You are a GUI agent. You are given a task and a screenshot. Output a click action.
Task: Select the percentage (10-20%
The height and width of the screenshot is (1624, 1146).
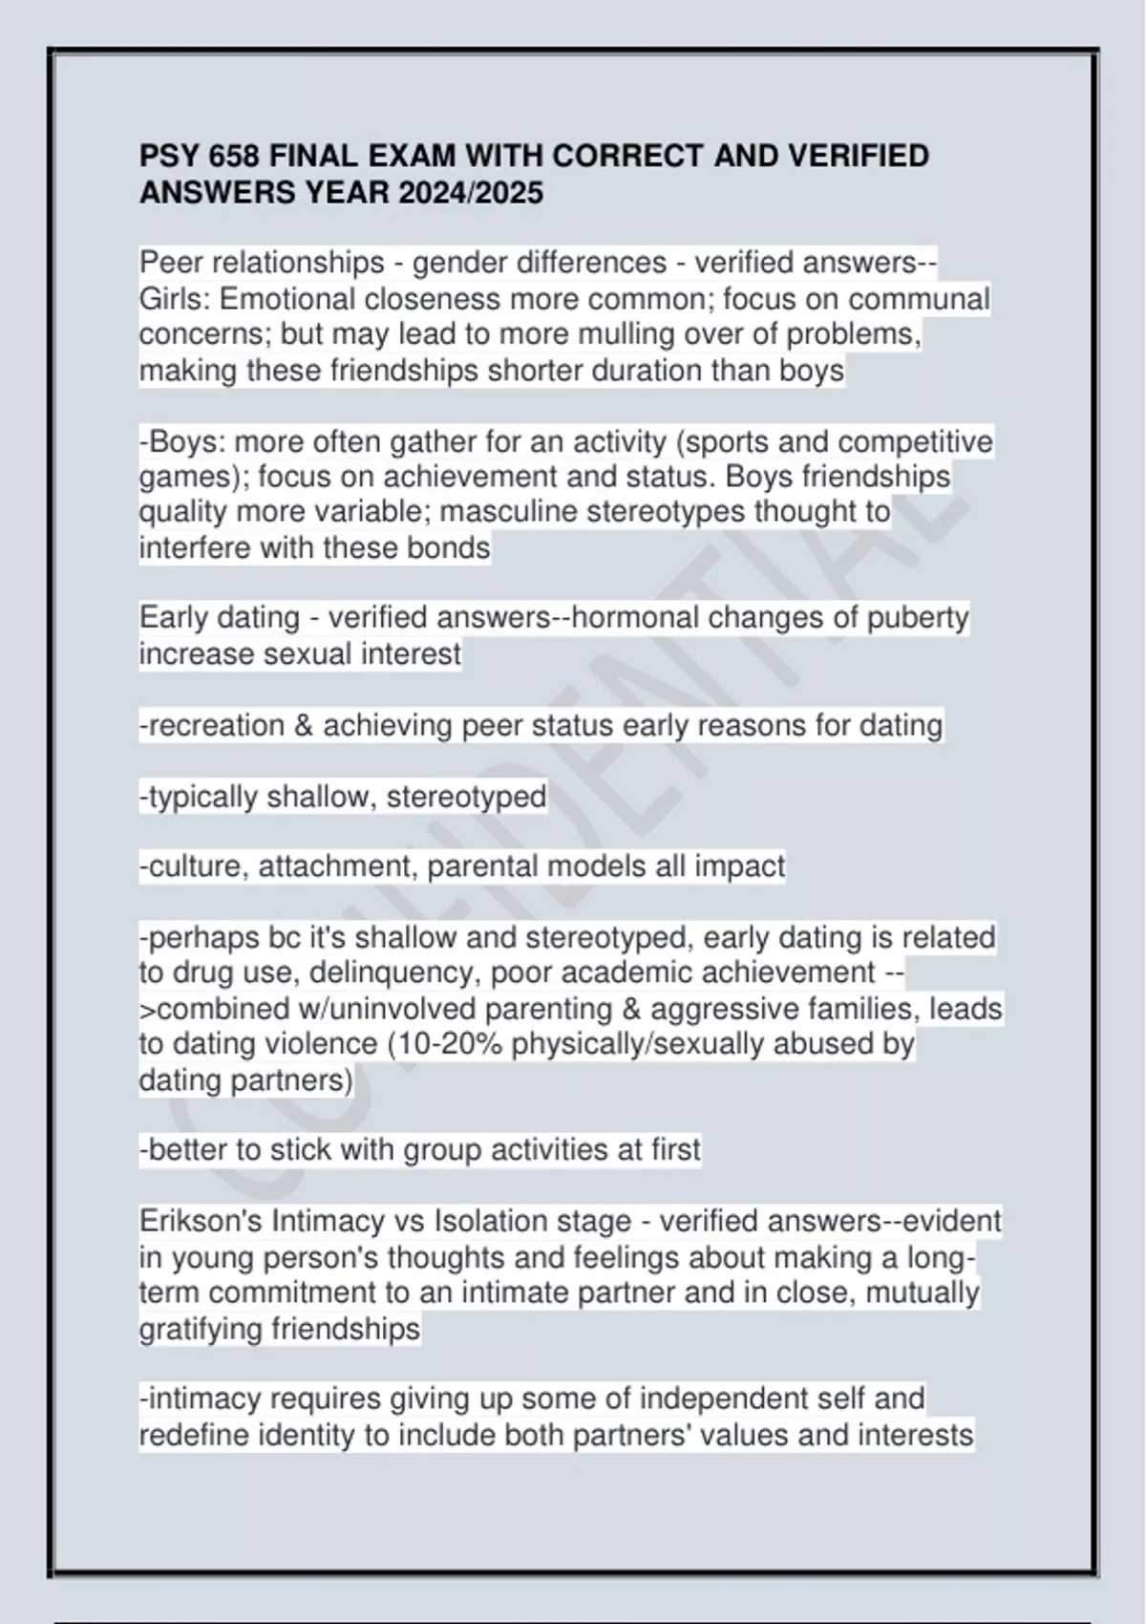pos(445,1044)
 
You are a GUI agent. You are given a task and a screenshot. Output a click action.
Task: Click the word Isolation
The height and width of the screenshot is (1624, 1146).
pos(490,1222)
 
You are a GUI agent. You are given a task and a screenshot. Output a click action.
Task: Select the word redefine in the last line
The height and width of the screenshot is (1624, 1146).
pos(194,1435)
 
